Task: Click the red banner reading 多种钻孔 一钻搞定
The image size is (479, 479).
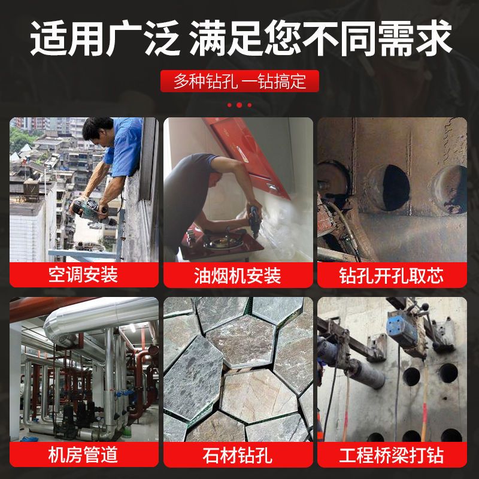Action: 239,81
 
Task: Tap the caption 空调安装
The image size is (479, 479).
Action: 83,274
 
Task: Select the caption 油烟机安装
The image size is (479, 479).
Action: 237,275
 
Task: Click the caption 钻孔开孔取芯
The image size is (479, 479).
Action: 392,275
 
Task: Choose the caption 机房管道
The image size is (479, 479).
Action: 83,454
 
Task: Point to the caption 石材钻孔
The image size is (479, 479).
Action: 237,455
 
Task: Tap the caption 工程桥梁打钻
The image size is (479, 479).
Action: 392,455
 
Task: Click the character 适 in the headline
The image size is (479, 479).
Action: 49,38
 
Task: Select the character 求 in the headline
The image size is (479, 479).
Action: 433,38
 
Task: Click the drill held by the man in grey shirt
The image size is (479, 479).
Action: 254,220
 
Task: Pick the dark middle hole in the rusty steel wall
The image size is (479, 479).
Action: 395,188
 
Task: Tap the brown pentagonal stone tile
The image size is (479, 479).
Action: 257,396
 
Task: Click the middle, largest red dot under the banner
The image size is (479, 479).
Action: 239,105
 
